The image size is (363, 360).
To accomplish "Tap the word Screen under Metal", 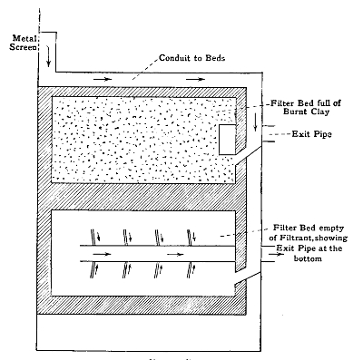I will [x=20, y=47].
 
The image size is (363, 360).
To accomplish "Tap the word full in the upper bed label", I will [x=329, y=103].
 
